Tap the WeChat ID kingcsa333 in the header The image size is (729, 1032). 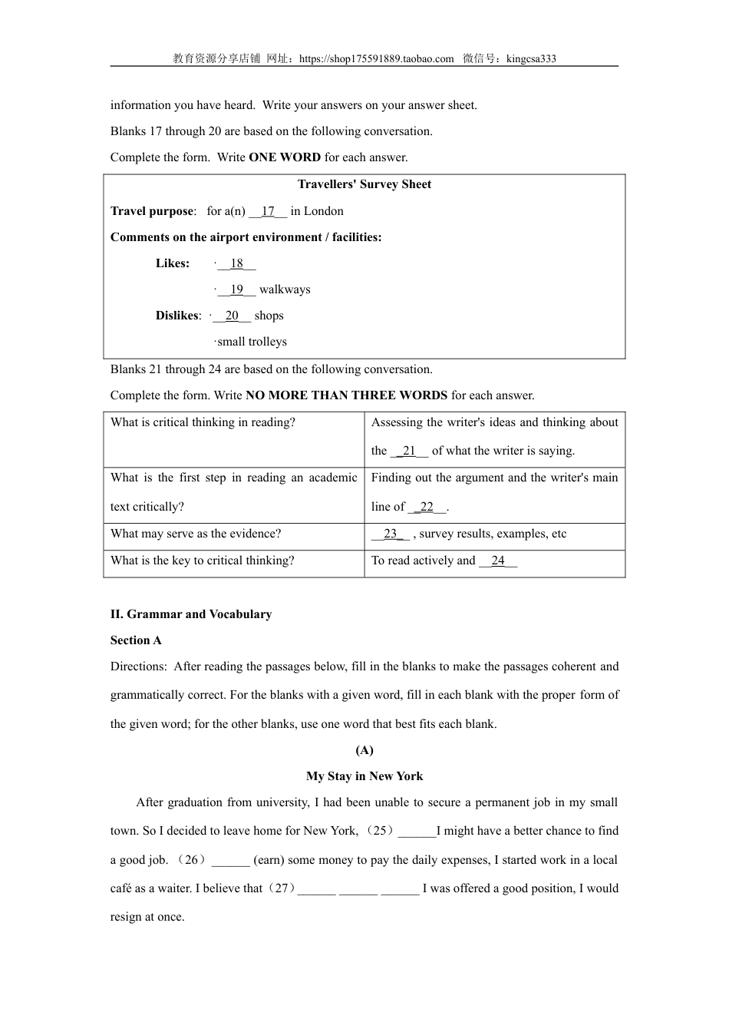click(531, 59)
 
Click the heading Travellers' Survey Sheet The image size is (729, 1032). click(364, 184)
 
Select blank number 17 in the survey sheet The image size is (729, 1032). click(268, 211)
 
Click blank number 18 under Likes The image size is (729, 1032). click(236, 263)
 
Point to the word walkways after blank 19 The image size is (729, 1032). click(285, 289)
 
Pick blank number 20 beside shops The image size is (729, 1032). click(232, 316)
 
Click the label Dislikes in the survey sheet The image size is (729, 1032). click(177, 316)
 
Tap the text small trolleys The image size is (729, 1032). click(252, 342)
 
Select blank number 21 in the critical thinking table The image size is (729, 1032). click(409, 451)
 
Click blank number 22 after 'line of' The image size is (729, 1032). click(427, 507)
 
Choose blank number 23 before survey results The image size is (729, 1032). click(391, 534)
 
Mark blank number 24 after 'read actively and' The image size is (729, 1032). click(498, 561)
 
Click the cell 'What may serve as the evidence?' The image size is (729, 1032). click(196, 534)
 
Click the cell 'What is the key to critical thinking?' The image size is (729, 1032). click(203, 561)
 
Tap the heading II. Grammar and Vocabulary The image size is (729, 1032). click(191, 614)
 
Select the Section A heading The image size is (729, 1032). click(136, 640)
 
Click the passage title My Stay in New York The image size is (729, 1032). click(364, 776)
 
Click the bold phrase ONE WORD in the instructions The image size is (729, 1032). click(285, 157)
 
